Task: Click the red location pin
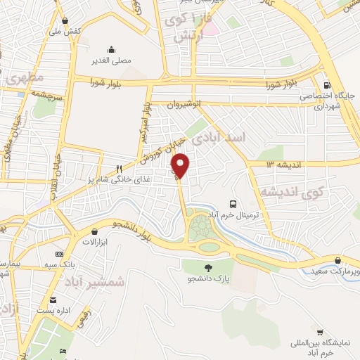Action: (x=181, y=165)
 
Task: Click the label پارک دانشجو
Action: (x=208, y=280)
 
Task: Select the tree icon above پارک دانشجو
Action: (x=208, y=267)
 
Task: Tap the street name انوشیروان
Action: (x=184, y=105)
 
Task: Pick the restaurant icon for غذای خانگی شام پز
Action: (x=120, y=169)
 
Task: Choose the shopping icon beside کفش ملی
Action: (x=65, y=20)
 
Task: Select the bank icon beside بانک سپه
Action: (x=59, y=254)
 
